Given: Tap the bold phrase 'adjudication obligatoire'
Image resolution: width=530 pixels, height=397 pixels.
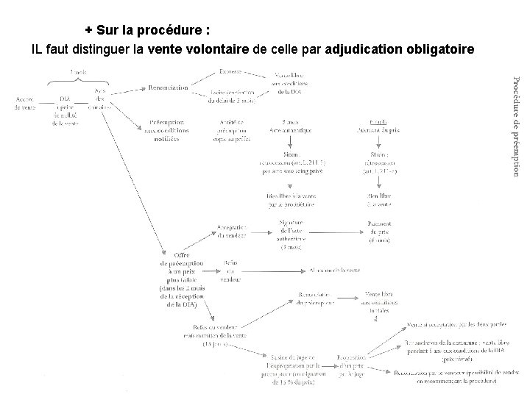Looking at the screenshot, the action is [x=399, y=50].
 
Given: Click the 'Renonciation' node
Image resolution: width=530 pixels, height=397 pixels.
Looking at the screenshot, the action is [x=167, y=87].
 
